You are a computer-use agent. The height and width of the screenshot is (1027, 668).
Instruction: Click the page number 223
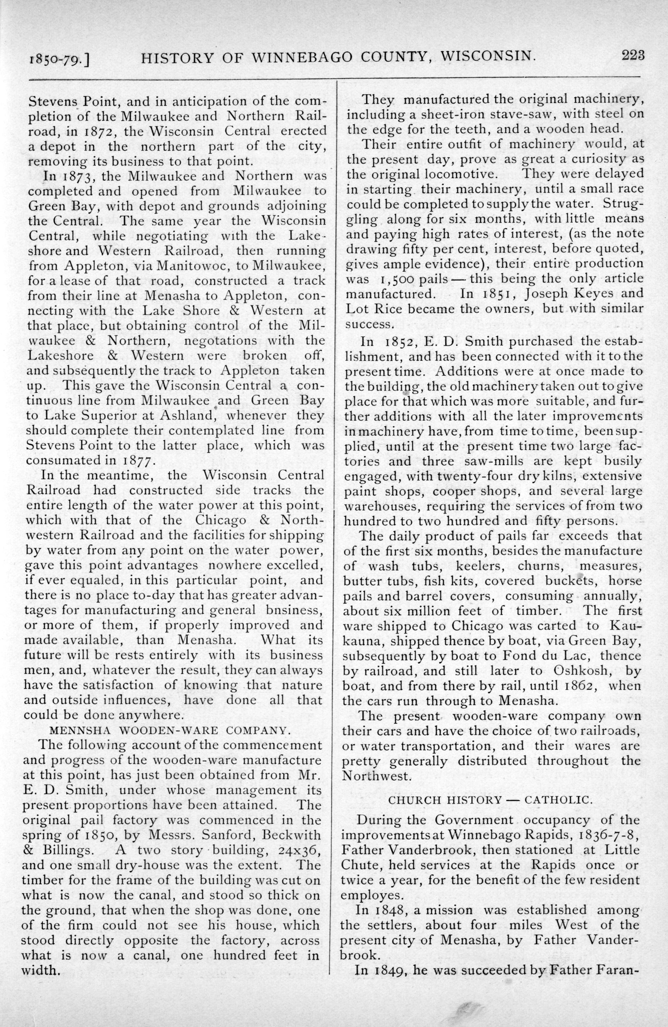[633, 56]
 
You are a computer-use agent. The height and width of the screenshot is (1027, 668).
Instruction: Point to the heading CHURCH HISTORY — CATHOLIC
[490, 799]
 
